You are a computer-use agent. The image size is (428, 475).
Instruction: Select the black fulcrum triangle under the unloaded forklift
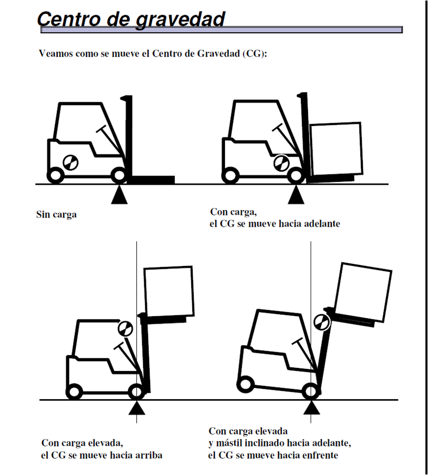(120, 195)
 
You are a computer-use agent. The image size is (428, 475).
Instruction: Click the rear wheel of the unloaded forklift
(55, 175)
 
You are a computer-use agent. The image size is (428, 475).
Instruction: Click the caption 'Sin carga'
(57, 214)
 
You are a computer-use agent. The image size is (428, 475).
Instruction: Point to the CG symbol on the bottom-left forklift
(124, 327)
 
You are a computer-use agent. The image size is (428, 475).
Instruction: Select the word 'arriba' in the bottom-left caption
(149, 455)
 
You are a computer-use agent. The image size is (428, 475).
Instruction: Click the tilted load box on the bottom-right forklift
(364, 291)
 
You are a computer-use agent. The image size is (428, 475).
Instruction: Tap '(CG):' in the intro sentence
(254, 54)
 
